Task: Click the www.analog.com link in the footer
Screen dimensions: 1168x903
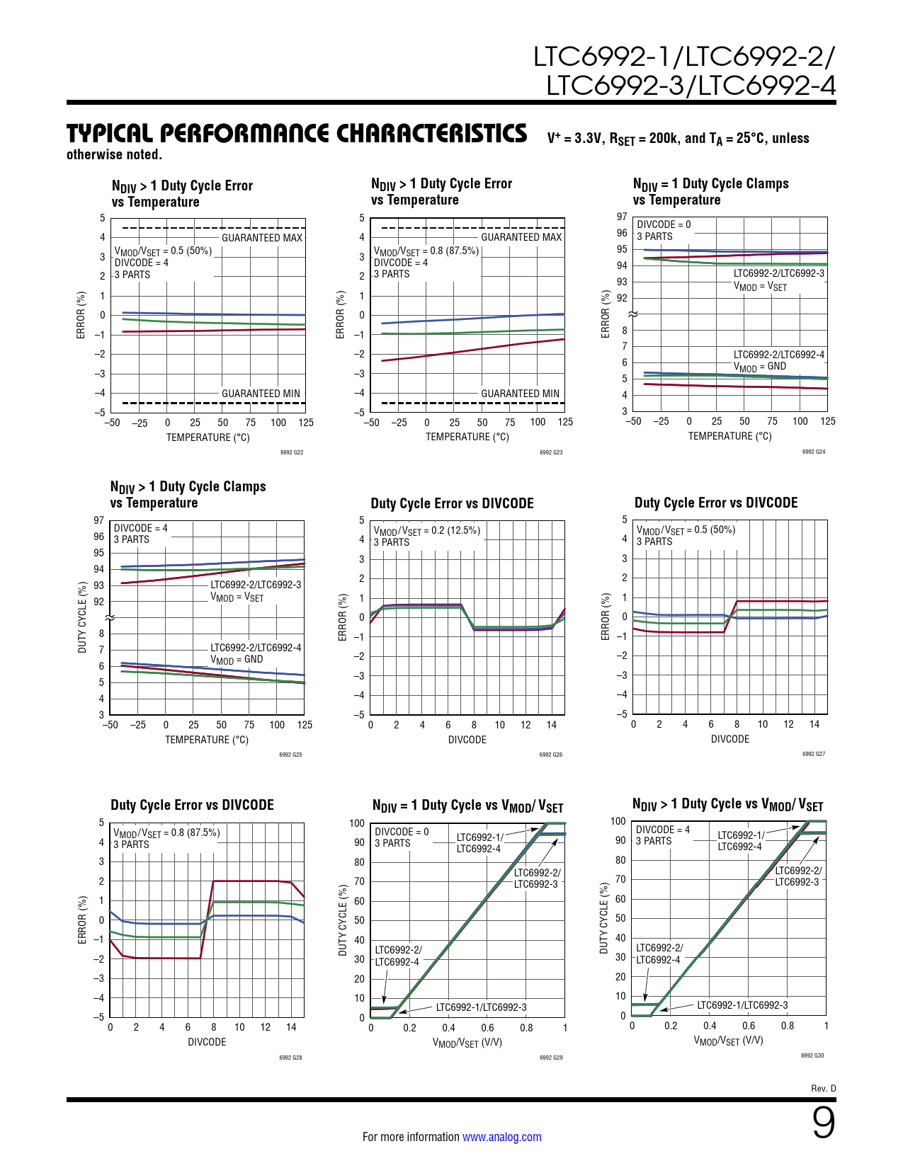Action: point(501,1137)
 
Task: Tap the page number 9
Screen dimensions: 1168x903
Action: point(823,1123)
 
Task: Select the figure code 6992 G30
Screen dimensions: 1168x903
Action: point(812,1055)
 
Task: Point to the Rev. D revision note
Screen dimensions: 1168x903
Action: point(823,1088)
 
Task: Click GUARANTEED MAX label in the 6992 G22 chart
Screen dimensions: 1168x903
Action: point(262,238)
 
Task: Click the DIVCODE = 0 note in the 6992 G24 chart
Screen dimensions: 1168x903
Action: point(664,224)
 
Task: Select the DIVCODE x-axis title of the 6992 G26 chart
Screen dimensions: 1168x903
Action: point(467,740)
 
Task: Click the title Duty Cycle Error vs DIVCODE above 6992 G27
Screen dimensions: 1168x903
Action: point(716,503)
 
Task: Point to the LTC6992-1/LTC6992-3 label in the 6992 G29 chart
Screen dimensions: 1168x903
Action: point(481,1007)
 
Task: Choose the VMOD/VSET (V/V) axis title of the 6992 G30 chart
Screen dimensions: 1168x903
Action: point(728,1041)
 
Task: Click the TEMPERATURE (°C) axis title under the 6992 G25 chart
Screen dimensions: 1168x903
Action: point(207,740)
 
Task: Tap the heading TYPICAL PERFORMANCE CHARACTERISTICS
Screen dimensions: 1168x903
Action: point(297,134)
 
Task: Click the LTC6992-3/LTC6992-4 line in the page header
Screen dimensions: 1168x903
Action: point(691,86)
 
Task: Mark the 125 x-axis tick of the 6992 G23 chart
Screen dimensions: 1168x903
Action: point(565,422)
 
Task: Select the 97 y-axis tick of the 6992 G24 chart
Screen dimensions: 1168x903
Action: point(622,217)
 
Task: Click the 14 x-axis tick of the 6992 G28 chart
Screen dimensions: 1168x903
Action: point(291,1027)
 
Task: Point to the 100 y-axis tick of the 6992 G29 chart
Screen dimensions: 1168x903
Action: point(357,823)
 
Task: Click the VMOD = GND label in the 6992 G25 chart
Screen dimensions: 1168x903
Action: point(237,660)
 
